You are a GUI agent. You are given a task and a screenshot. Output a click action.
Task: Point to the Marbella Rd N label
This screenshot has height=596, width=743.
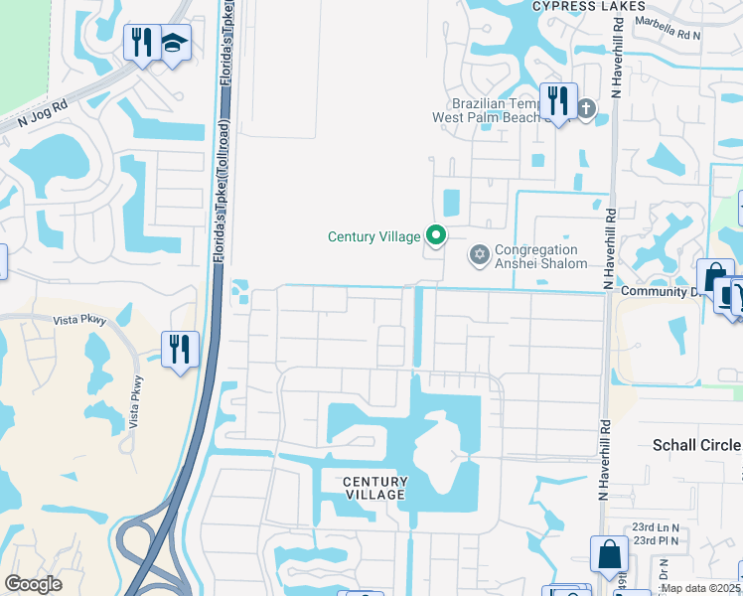point(669,30)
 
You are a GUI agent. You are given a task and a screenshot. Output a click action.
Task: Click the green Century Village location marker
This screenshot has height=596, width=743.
point(435,235)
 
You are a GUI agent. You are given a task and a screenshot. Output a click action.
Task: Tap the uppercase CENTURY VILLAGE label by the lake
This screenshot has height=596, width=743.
point(374,488)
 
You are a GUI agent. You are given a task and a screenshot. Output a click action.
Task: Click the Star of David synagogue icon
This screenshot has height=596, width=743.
point(480,256)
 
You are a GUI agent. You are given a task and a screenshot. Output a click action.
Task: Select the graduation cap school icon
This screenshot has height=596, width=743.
point(174,43)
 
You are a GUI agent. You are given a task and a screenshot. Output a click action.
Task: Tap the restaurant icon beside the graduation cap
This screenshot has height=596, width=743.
point(141,43)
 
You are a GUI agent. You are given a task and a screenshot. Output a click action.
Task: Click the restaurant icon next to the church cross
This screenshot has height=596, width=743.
point(557,100)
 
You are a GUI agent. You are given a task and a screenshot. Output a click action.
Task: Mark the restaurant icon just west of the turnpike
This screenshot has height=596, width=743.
point(181,349)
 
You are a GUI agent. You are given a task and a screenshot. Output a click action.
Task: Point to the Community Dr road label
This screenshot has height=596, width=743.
point(661,292)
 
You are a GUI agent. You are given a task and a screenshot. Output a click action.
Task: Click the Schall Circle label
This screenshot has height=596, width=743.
point(696,445)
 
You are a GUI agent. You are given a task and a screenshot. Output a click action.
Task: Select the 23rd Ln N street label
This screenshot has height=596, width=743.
point(655,527)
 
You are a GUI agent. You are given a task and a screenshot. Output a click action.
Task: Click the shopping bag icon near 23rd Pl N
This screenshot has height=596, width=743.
point(608,554)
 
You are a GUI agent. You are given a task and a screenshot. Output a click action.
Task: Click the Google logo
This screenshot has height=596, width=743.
point(33,584)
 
